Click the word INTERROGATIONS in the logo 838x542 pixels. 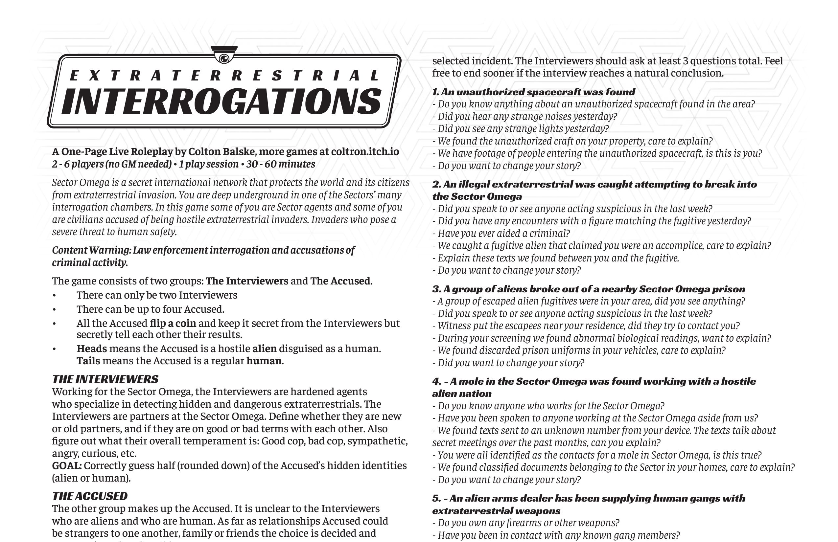click(x=222, y=102)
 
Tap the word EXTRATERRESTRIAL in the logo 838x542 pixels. click(x=225, y=76)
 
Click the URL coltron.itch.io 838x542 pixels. click(x=365, y=152)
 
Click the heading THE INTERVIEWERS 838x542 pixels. click(x=105, y=379)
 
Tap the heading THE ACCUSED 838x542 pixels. click(x=90, y=496)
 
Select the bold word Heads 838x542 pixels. click(x=92, y=349)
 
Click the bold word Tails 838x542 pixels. click(x=88, y=361)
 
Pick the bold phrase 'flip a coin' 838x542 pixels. click(x=173, y=324)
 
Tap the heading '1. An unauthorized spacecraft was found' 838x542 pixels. click(x=534, y=92)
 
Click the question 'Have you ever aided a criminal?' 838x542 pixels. click(x=503, y=233)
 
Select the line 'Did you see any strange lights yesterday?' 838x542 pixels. click(x=523, y=129)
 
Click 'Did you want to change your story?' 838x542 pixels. click(x=511, y=363)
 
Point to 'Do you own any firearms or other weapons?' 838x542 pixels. click(x=528, y=523)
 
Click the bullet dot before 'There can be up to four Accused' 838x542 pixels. click(x=54, y=310)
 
